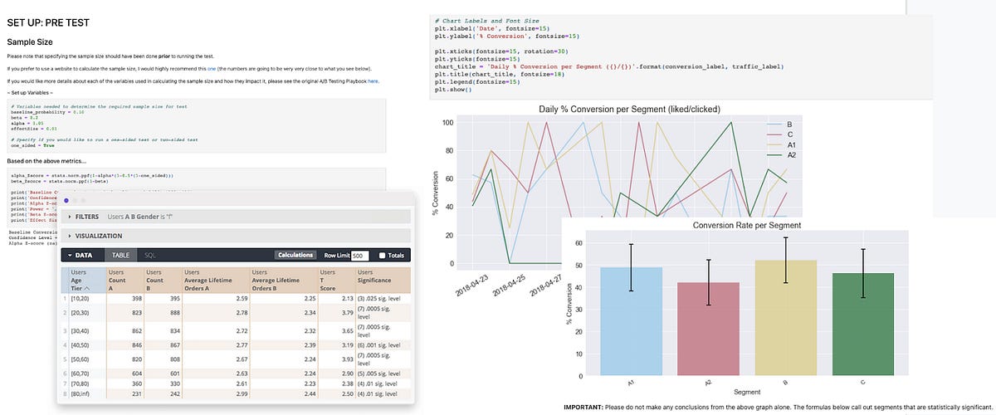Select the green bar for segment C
coord(864,325)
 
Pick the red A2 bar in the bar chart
coord(709,329)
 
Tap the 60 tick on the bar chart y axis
coord(579,244)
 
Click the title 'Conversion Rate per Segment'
coord(747,225)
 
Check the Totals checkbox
coord(383,256)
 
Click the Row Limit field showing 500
coord(359,256)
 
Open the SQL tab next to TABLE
coord(149,256)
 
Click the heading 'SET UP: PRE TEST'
coord(48,22)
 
